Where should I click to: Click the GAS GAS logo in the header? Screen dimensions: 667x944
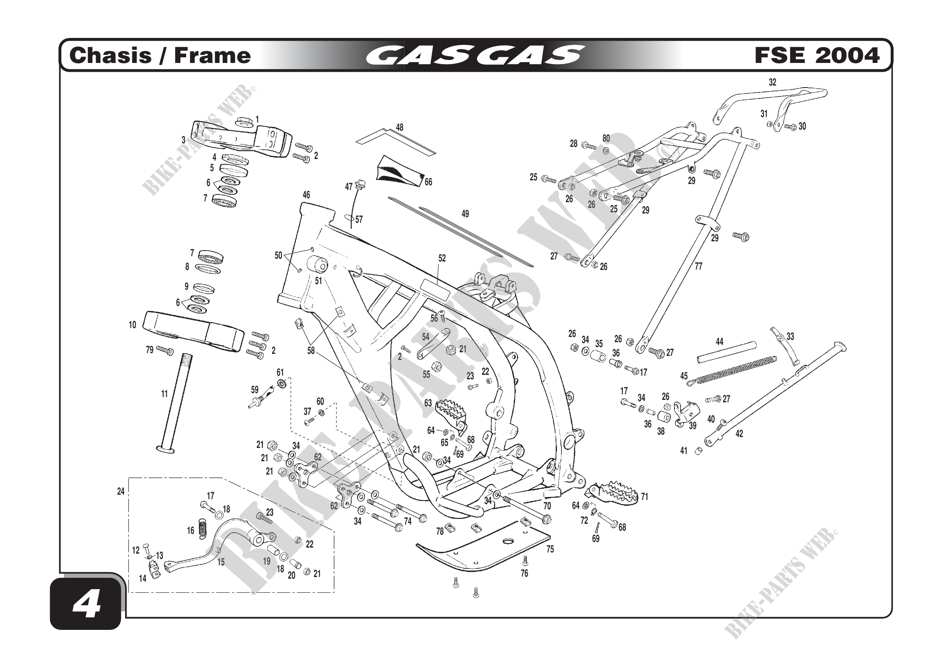(475, 55)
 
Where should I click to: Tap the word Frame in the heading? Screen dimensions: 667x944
(212, 55)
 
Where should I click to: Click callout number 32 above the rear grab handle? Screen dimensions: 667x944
(772, 82)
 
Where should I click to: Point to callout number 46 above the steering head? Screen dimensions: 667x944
(306, 195)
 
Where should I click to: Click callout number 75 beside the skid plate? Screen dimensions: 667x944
(550, 549)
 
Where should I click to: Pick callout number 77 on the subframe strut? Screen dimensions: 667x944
(699, 266)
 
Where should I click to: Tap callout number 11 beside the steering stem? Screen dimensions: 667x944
(164, 394)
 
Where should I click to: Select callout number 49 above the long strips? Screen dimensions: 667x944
(465, 214)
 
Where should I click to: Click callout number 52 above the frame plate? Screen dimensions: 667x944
(442, 258)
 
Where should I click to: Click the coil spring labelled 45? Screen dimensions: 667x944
(732, 370)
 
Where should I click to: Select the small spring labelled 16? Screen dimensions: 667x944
(202, 529)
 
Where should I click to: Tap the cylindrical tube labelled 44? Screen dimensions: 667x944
(726, 352)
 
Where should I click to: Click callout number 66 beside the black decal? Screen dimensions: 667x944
(429, 182)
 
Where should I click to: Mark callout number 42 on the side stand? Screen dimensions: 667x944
(739, 434)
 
